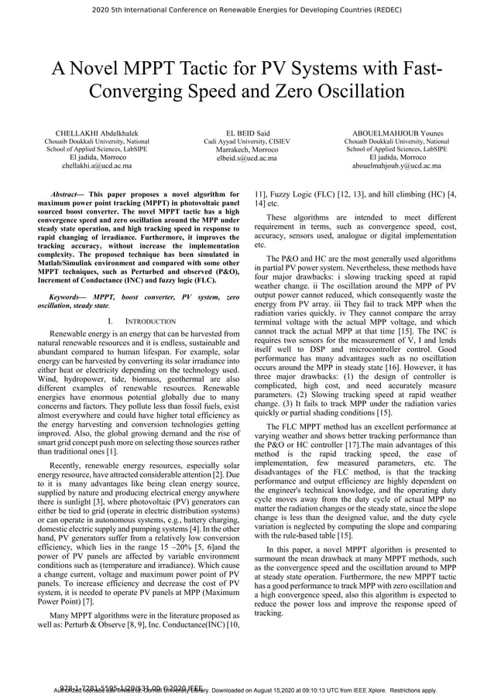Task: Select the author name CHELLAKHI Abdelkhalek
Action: point(97,134)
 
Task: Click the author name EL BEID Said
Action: point(247,134)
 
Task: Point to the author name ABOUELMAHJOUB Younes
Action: point(396,134)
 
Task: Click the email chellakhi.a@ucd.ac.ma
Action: point(97,166)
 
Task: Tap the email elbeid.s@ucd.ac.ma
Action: point(247,158)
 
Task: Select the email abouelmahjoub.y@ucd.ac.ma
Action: point(396,166)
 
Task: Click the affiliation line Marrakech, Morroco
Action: point(247,150)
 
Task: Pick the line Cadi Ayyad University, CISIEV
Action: point(247,142)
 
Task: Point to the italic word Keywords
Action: point(67,297)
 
